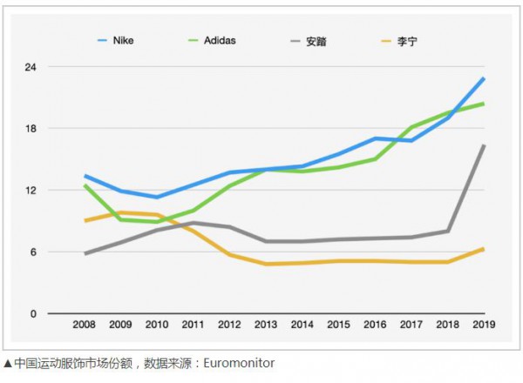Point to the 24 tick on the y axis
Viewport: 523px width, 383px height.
tap(31, 67)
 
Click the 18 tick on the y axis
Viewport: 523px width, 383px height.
tap(31, 129)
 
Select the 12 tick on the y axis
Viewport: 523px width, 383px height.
tap(31, 191)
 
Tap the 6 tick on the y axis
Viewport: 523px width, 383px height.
tap(32, 252)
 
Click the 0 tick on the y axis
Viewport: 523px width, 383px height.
tap(32, 313)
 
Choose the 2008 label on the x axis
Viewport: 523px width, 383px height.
tap(84, 325)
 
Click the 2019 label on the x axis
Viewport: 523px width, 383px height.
tap(483, 325)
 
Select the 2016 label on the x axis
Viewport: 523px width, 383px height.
tap(374, 325)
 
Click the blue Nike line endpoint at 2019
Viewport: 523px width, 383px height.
tap(484, 78)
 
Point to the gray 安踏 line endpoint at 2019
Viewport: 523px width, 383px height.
tap(484, 145)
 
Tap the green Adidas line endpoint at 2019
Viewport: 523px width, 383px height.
tap(484, 104)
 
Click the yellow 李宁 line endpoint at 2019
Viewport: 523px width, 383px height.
tap(484, 249)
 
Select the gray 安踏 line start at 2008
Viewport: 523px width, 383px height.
tap(84, 253)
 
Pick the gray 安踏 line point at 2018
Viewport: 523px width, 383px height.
tap(447, 231)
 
